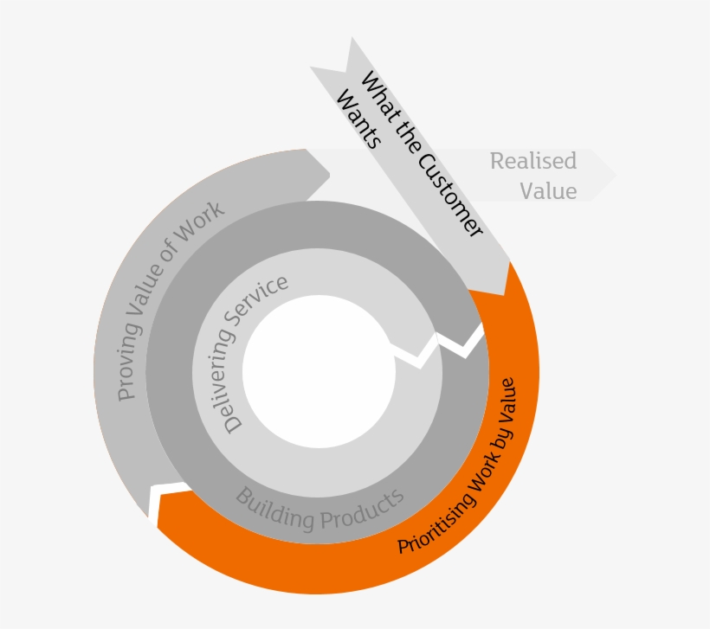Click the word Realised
coord(532,162)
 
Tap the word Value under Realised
coord(548,191)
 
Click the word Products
coord(363,510)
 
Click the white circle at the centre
coord(319,371)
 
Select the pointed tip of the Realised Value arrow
coord(614,175)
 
